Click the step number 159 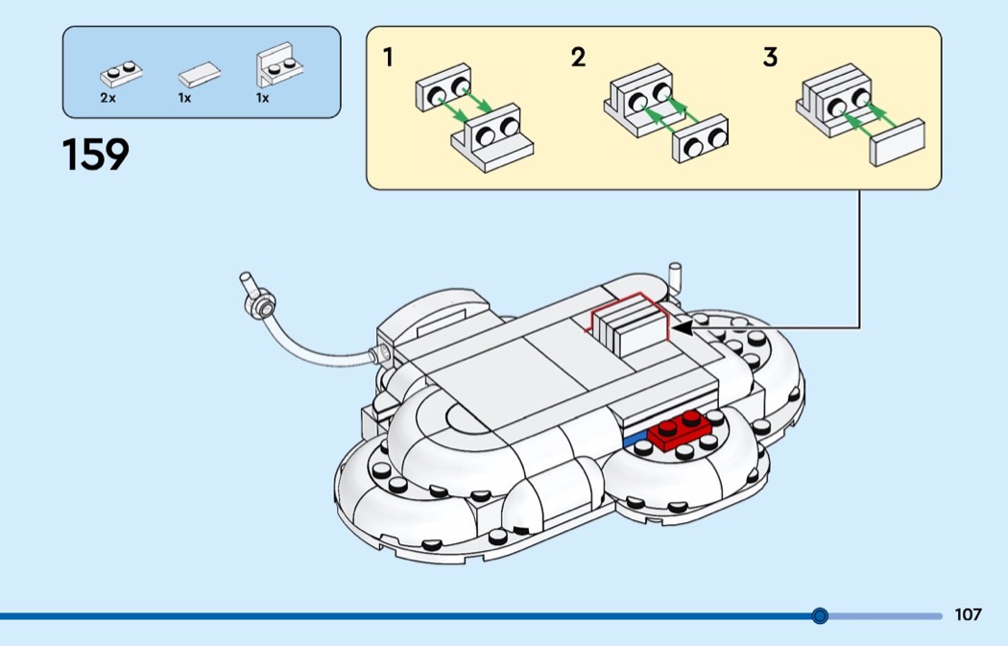pyautogui.click(x=95, y=155)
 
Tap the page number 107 pyautogui.click(x=969, y=614)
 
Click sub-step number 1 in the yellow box pyautogui.click(x=388, y=58)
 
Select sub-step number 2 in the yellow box pyautogui.click(x=578, y=58)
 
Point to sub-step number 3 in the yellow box pyautogui.click(x=770, y=58)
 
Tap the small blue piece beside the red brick pyautogui.click(x=635, y=439)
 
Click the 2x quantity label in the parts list pyautogui.click(x=107, y=98)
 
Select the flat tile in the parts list pyautogui.click(x=199, y=75)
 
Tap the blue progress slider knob pyautogui.click(x=820, y=615)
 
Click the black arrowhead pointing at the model pyautogui.click(x=681, y=327)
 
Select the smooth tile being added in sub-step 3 pyautogui.click(x=897, y=143)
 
